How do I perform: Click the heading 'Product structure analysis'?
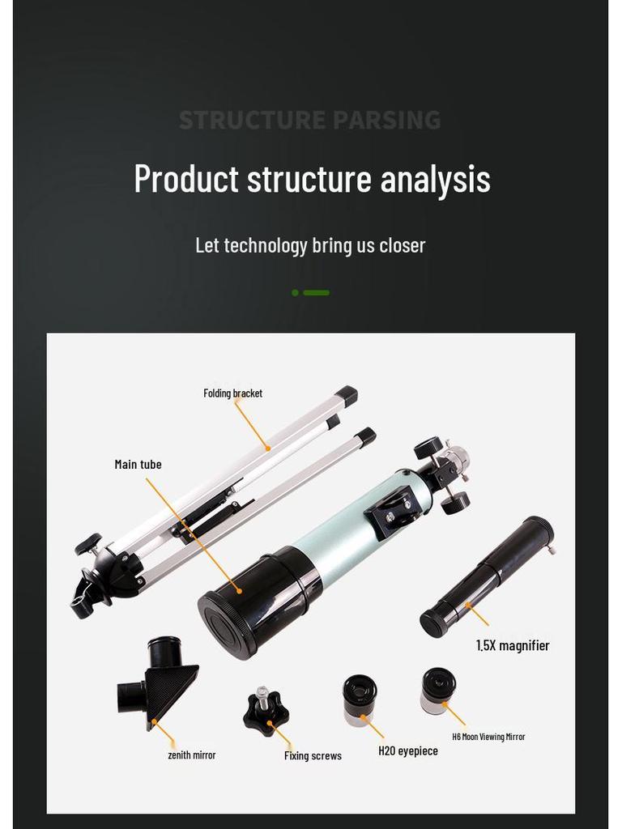coord(312,179)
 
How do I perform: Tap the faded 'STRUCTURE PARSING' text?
coord(309,121)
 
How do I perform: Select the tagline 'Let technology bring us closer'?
coord(310,245)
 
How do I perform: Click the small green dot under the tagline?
coord(296,293)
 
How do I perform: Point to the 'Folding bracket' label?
coord(232,393)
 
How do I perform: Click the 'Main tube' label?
coord(138,465)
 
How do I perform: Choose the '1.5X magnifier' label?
coord(512,646)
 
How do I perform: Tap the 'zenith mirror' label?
coord(191,755)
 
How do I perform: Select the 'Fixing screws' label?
coord(313,756)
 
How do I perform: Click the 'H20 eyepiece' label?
coord(408,751)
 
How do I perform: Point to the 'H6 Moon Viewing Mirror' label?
coord(488,737)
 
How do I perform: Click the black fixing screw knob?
coord(266,711)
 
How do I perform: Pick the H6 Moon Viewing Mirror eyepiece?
coord(437,690)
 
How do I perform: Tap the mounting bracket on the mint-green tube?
coord(394,512)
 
